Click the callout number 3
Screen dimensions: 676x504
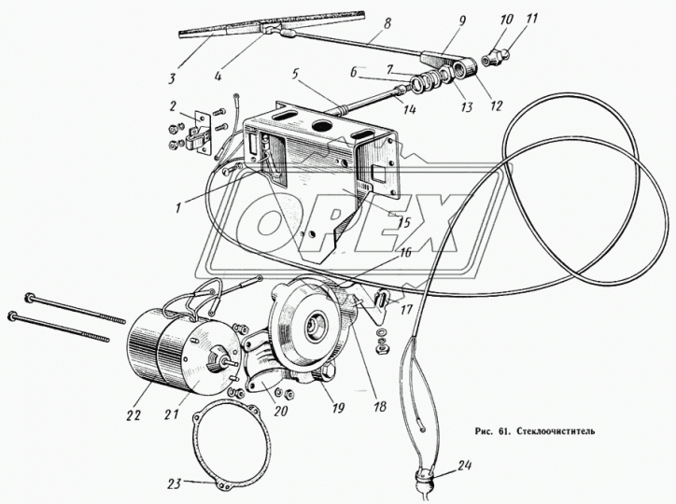(x=173, y=79)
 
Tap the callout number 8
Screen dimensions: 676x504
(x=387, y=24)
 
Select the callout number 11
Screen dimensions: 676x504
(x=532, y=20)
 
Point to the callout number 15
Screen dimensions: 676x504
(x=404, y=223)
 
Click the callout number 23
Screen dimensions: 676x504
(x=175, y=483)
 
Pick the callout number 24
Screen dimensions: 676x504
(x=463, y=466)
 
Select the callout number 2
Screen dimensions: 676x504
(x=174, y=106)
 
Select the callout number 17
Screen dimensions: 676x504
(x=406, y=309)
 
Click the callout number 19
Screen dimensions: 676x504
(x=338, y=407)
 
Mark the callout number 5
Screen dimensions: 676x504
(x=295, y=75)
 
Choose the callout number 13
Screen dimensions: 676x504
(x=467, y=107)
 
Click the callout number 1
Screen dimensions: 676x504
(x=178, y=208)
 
